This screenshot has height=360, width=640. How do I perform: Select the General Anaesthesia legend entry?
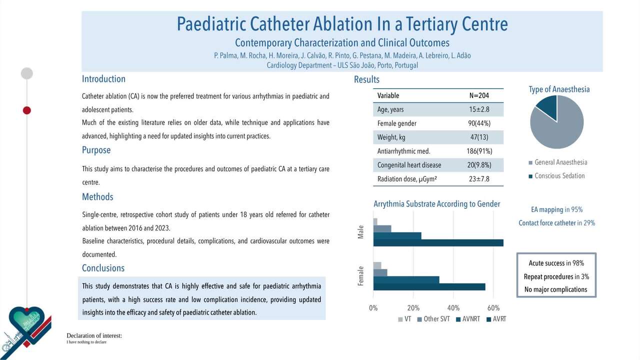(558, 162)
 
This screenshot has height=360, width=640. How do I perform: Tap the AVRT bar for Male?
(438, 243)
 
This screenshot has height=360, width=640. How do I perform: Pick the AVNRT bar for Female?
(406, 279)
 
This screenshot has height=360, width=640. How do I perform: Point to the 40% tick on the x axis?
(453, 308)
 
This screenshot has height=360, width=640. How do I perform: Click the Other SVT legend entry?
(433, 319)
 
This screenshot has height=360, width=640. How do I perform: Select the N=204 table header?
(479, 95)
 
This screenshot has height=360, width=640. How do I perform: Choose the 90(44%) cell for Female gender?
(479, 123)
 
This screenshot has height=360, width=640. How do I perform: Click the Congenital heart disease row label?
(409, 165)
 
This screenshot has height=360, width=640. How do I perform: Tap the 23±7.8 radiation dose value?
(479, 179)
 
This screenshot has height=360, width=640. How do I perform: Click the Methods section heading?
(97, 197)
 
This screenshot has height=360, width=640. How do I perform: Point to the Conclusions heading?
(103, 268)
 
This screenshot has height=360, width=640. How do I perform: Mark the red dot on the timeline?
(27, 110)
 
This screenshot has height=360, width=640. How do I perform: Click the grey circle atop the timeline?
(27, 73)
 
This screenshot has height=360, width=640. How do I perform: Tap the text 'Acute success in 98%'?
(556, 263)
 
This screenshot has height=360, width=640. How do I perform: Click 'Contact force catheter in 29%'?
(557, 223)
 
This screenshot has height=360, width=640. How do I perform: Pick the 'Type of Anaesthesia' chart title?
(559, 89)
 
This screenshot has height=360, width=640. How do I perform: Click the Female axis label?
(361, 276)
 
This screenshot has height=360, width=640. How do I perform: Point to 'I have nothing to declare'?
(86, 342)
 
